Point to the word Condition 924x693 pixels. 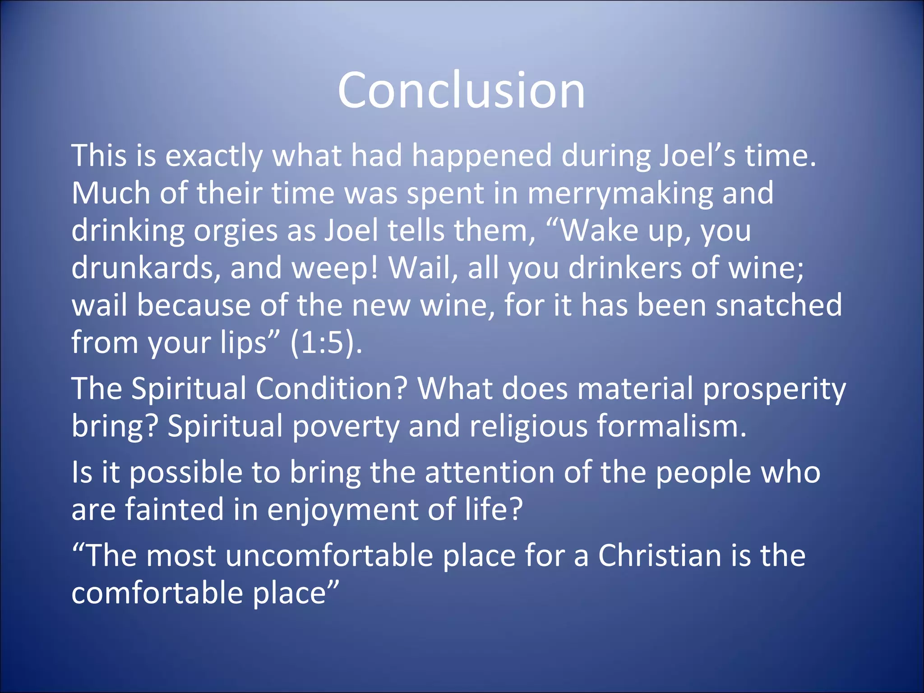(332, 388)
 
